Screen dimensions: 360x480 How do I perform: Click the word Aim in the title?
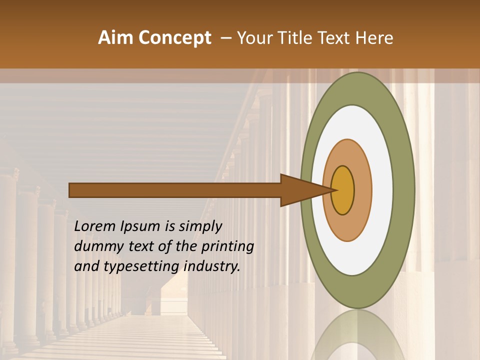point(115,38)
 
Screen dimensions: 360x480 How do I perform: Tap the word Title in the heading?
point(295,38)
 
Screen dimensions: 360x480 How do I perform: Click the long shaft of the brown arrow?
point(175,190)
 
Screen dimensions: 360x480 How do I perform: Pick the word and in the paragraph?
point(86,266)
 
